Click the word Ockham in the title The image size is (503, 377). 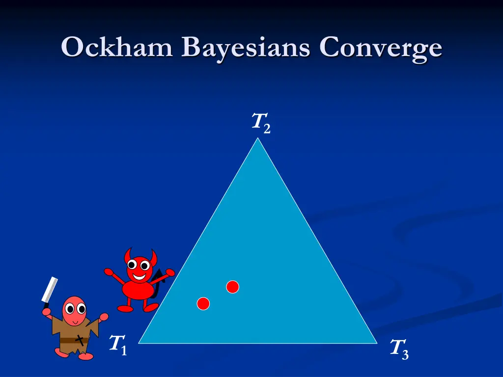117,48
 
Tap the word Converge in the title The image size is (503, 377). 381,48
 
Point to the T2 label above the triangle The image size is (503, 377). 261,122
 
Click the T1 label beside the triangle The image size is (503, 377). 118,344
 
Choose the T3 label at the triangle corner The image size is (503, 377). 399,349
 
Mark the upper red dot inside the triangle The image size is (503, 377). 232,287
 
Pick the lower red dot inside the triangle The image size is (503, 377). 203,304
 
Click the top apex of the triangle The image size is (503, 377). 257,139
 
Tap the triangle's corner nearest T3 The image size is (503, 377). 376,343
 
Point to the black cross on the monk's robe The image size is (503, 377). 79,338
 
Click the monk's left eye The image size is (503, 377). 70,309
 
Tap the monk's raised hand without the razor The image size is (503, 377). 104,317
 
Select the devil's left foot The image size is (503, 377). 125,309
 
